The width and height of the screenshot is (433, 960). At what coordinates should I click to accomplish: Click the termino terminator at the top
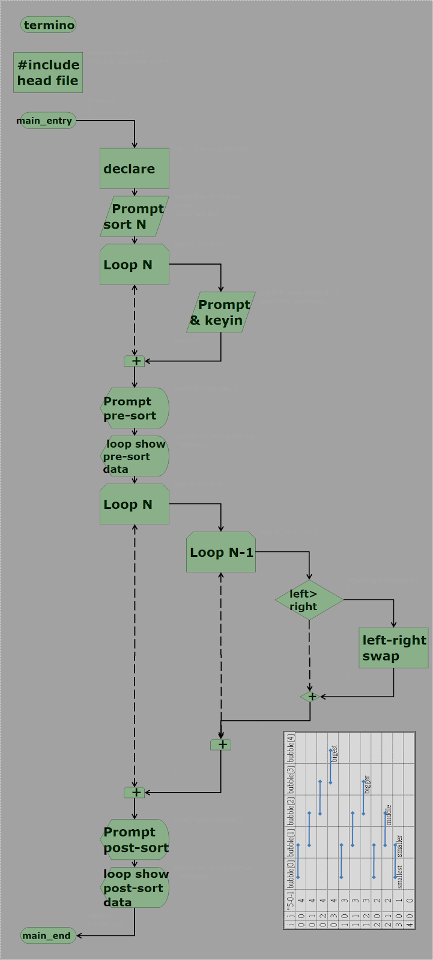click(49, 25)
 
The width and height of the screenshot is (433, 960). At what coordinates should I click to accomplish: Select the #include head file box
click(48, 73)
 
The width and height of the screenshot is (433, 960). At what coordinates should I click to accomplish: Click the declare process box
click(134, 169)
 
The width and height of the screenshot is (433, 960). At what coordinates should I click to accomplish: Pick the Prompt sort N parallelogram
click(134, 217)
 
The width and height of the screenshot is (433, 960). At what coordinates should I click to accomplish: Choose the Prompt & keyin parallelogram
click(220, 312)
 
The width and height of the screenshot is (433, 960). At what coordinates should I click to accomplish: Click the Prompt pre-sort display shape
click(134, 408)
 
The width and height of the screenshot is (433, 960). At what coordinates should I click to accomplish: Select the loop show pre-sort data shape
click(134, 456)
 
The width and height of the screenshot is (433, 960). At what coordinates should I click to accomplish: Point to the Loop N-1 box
click(221, 552)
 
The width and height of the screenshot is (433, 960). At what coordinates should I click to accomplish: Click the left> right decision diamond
click(309, 600)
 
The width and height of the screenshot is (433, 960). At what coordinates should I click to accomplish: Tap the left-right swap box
click(394, 648)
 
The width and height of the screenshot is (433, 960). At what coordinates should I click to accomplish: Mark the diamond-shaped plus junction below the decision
click(310, 697)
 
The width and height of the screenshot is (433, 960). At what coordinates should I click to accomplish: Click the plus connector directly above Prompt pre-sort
click(135, 361)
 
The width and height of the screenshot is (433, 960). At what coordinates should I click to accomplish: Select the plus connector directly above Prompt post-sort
click(135, 793)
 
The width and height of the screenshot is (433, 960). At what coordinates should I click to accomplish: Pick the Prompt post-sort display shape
click(134, 840)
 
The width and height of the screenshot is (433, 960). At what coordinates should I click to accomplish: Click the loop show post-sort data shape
click(134, 888)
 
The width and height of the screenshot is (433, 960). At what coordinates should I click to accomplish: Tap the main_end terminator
click(48, 935)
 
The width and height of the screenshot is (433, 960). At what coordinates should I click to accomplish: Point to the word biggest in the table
click(335, 754)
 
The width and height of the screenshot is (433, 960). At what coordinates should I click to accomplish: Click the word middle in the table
click(389, 814)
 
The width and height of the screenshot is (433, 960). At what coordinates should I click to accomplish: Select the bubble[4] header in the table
click(291, 747)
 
